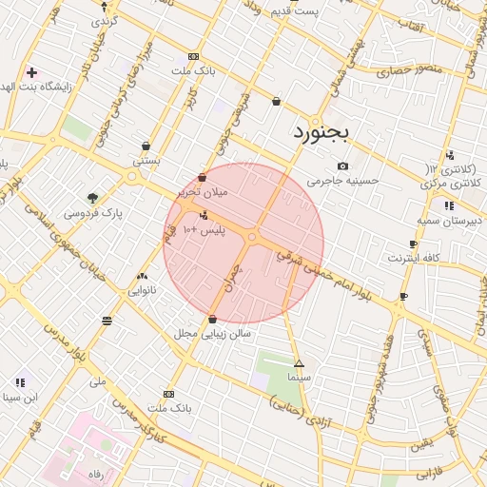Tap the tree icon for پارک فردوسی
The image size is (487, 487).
(92, 198)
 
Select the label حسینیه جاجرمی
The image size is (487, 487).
(342, 180)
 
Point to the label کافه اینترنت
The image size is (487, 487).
(413, 258)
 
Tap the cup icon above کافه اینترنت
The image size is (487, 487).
(413, 244)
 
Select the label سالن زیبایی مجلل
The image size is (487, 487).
(211, 334)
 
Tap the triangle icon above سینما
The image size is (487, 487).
(299, 363)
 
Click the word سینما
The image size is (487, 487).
(301, 377)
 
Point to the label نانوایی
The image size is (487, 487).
(142, 290)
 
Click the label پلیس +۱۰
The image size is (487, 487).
(203, 231)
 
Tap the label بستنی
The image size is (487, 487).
(146, 161)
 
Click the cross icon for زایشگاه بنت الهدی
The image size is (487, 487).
(32, 72)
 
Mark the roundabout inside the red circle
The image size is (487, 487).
(253, 237)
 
